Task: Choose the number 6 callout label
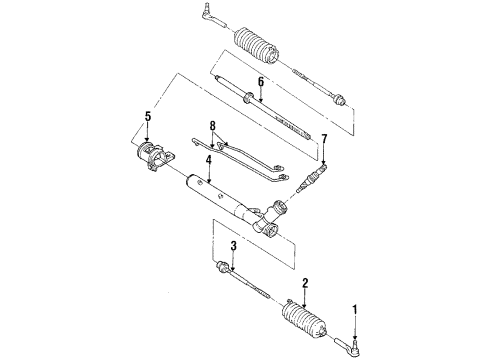point(260,84)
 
